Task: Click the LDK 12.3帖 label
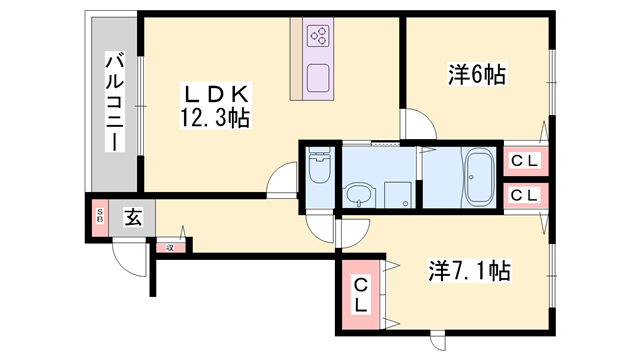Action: click(x=215, y=106)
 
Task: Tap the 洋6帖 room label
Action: click(x=477, y=75)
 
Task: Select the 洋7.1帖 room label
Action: click(x=470, y=271)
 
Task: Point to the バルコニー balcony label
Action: click(x=115, y=101)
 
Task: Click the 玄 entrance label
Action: click(x=133, y=218)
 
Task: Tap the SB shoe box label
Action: click(x=100, y=217)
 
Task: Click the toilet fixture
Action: click(x=320, y=168)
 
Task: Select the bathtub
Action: click(x=480, y=177)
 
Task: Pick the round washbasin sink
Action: click(x=360, y=195)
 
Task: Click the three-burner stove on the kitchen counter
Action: click(x=319, y=35)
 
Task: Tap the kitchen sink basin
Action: click(x=318, y=78)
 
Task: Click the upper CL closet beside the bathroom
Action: click(x=525, y=161)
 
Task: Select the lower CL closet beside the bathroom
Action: click(x=525, y=196)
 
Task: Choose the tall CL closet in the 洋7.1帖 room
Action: click(x=360, y=295)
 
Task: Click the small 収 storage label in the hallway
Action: click(x=170, y=248)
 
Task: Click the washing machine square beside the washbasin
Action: click(x=397, y=195)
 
